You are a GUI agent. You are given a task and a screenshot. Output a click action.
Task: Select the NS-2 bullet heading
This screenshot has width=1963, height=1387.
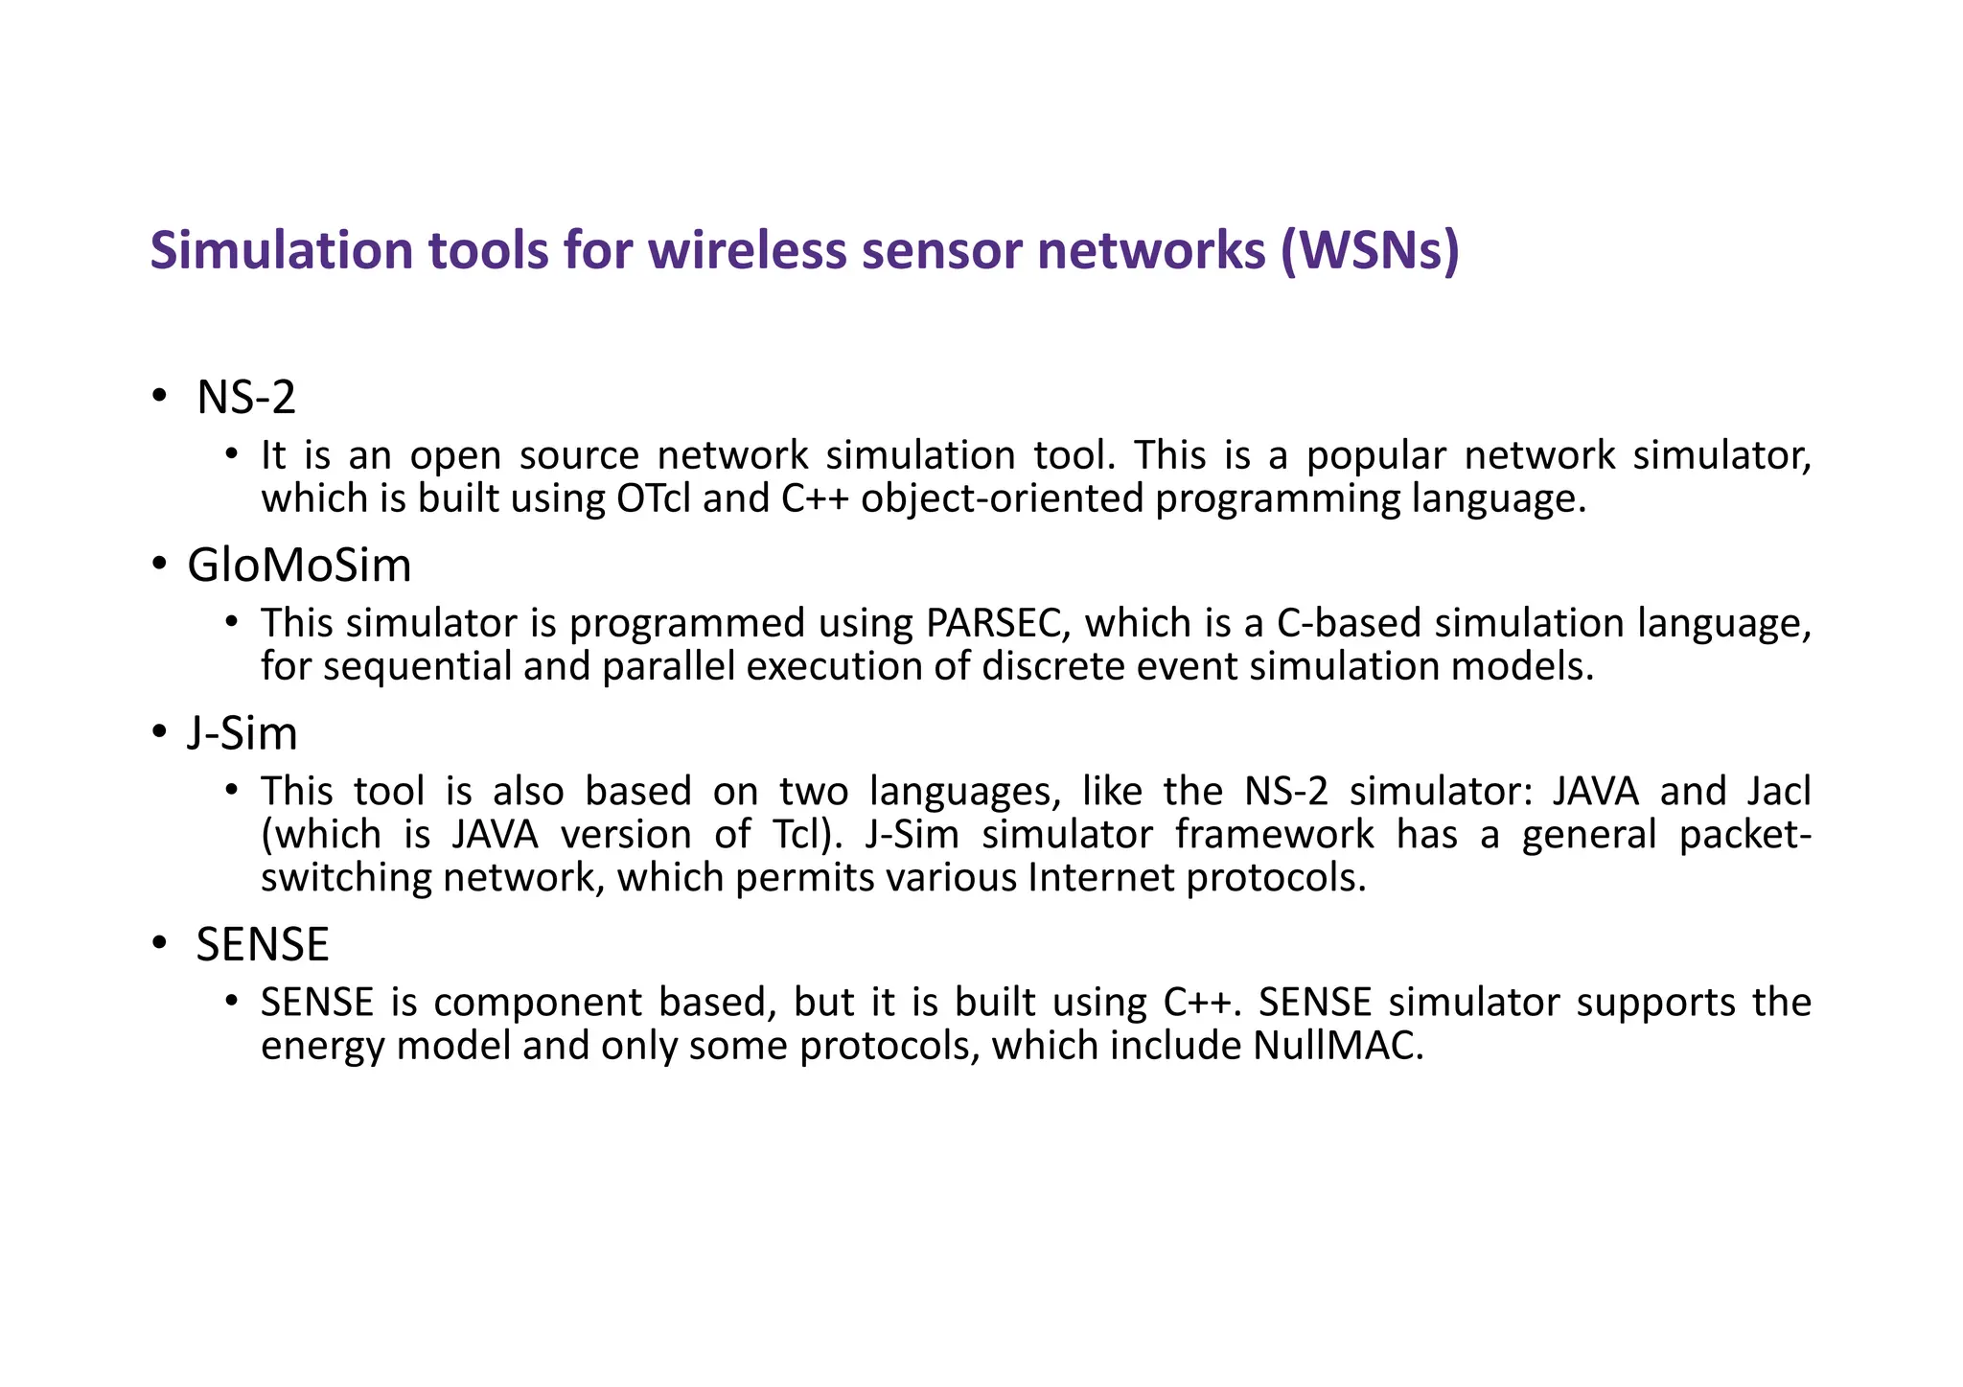tap(246, 398)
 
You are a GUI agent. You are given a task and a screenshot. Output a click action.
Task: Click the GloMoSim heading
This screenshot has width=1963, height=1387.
tap(299, 566)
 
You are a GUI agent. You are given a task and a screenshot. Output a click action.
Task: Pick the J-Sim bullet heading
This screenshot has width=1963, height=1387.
tap(242, 734)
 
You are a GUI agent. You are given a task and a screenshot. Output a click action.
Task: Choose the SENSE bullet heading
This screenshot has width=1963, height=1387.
tap(263, 945)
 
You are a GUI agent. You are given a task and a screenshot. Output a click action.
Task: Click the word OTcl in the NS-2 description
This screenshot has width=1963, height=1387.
tap(649, 499)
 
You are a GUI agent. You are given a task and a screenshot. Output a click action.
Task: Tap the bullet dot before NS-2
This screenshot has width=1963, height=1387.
tap(158, 398)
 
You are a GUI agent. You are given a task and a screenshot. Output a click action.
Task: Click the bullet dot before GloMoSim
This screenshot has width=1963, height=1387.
tap(158, 566)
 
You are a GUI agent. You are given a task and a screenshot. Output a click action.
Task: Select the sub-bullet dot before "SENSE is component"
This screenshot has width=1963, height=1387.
tap(231, 1003)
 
